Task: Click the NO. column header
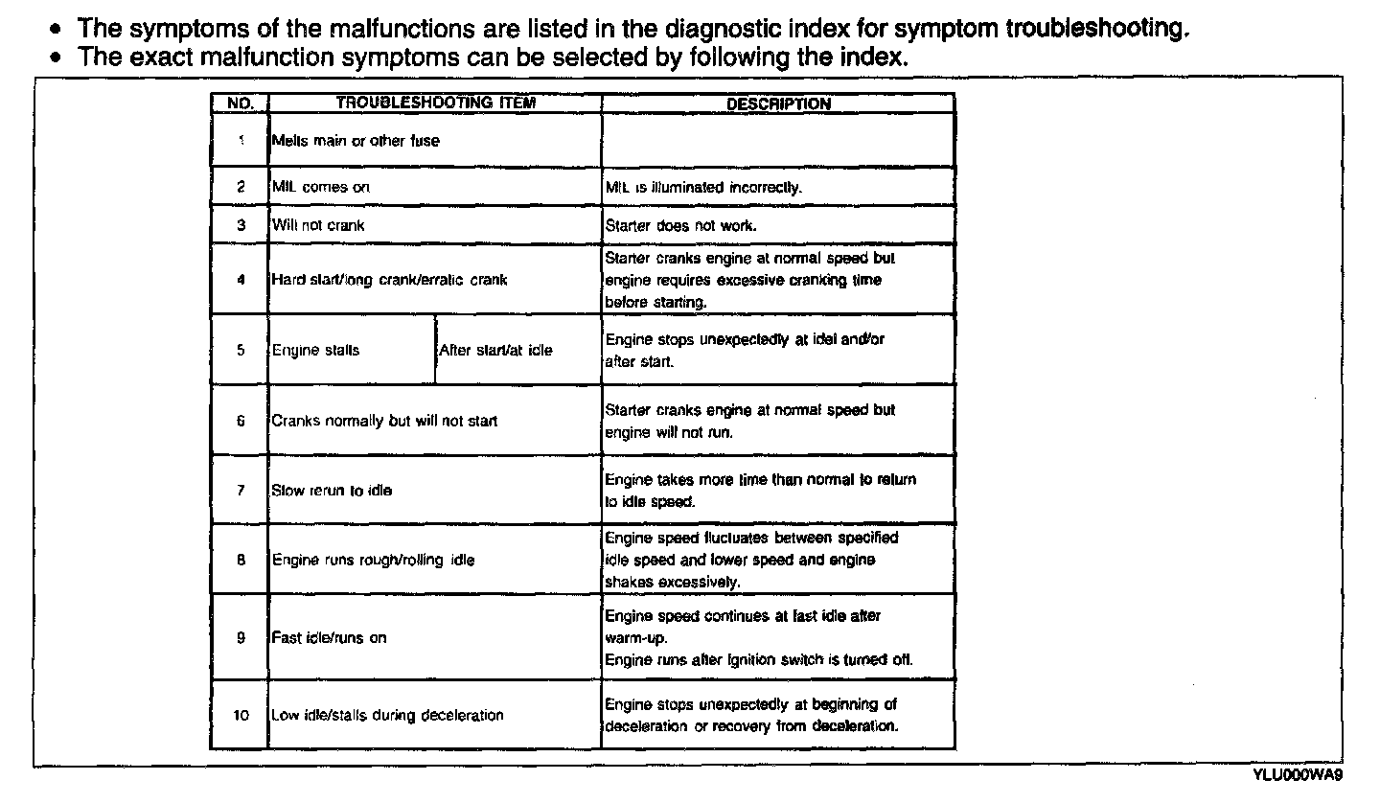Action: click(239, 103)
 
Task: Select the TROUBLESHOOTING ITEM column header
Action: click(435, 103)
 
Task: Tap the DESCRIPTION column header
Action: click(778, 103)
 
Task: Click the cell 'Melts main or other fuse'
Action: click(356, 141)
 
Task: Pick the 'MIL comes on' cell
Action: click(321, 188)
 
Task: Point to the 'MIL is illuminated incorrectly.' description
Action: click(703, 188)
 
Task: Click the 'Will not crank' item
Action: click(318, 225)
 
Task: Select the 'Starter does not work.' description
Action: click(680, 226)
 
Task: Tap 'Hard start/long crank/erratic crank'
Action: click(389, 280)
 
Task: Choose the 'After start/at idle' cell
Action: click(495, 350)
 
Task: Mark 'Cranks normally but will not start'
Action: click(384, 421)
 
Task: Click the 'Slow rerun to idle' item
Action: click(332, 491)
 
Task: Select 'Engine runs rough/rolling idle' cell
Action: click(373, 560)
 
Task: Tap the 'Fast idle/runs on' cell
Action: click(330, 637)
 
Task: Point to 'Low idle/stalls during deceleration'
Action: click(387, 715)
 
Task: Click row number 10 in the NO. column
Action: click(241, 715)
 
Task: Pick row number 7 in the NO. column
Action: click(241, 491)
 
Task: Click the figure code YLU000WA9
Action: click(1297, 774)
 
